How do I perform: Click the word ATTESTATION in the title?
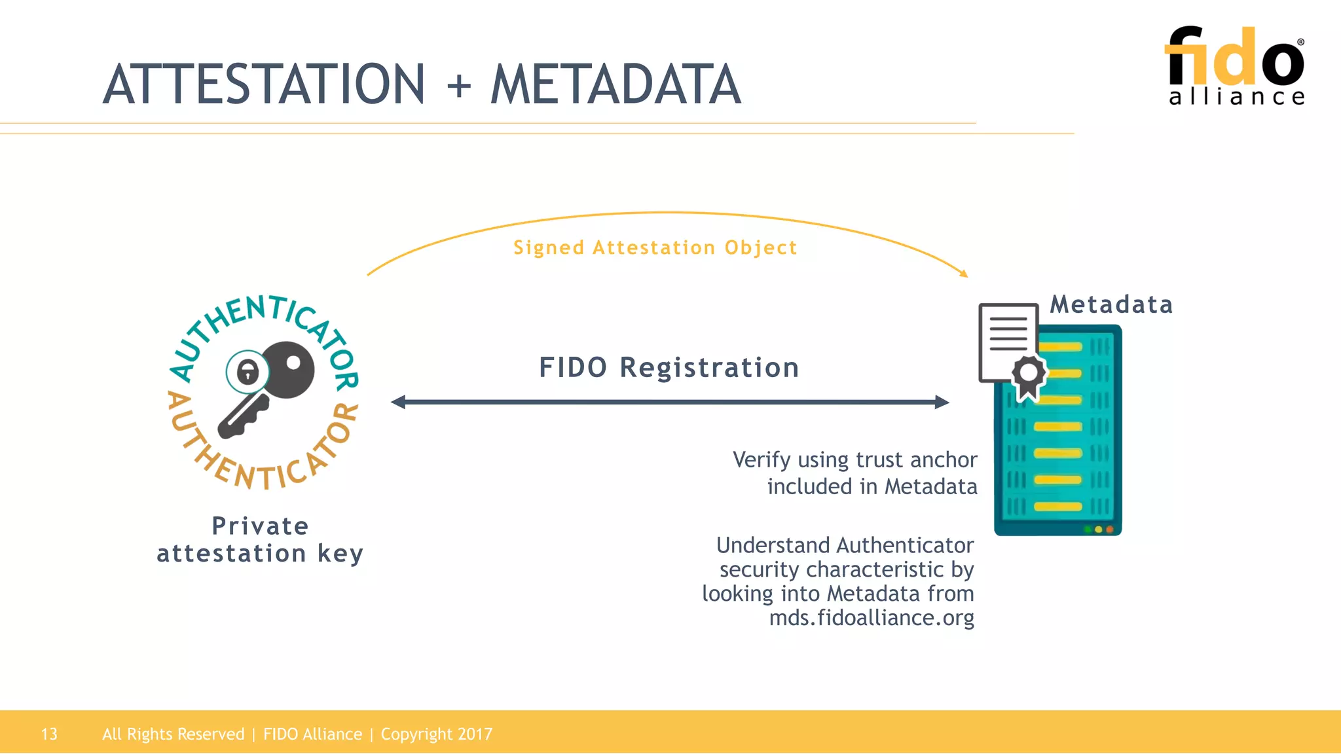tap(265, 84)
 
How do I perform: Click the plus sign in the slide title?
tap(459, 86)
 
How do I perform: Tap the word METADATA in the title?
tap(615, 84)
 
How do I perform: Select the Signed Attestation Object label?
tap(655, 247)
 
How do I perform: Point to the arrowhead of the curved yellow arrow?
tap(963, 273)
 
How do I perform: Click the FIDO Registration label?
tap(669, 367)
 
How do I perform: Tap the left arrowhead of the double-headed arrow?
tap(398, 402)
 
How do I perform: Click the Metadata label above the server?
tap(1111, 304)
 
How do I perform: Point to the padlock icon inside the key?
tap(248, 372)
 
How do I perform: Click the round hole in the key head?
tap(293, 363)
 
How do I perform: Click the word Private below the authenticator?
tap(260, 526)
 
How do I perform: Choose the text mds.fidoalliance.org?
tap(871, 617)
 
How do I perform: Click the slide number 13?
tap(49, 734)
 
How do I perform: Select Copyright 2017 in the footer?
tap(436, 734)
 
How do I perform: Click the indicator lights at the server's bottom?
tap(1098, 529)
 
